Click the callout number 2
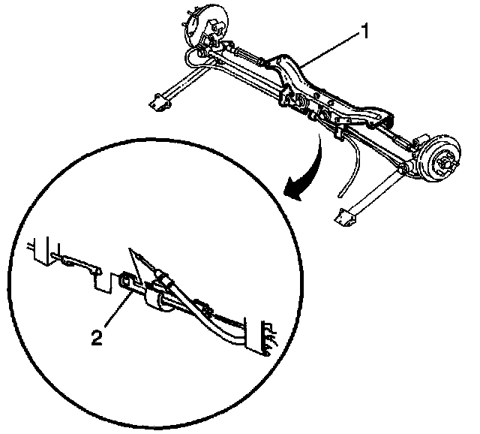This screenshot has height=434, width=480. [95, 338]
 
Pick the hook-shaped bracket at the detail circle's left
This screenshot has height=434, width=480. [87, 268]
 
